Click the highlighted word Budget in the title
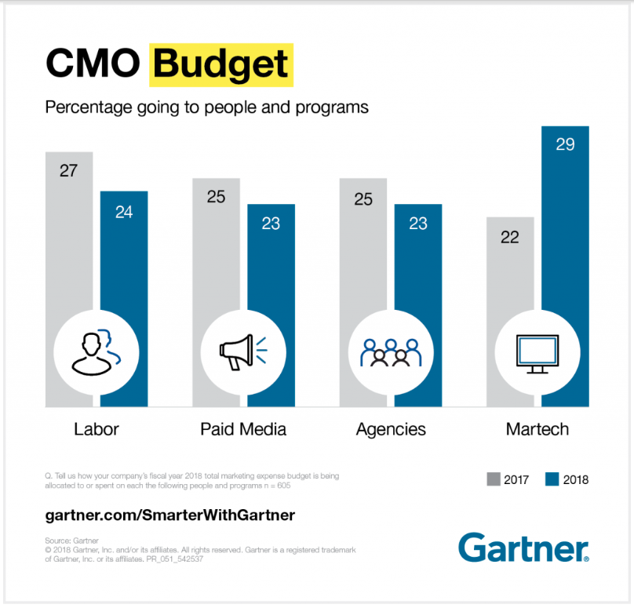pyautogui.click(x=222, y=64)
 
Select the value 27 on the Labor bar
pyautogui.click(x=68, y=170)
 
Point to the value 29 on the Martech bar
pyautogui.click(x=565, y=145)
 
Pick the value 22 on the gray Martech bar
pyautogui.click(x=510, y=236)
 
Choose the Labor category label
pyautogui.click(x=96, y=429)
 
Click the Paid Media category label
pyautogui.click(x=243, y=429)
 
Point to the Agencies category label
pyautogui.click(x=391, y=429)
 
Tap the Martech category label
pyautogui.click(x=537, y=429)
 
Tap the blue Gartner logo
pyautogui.click(x=523, y=547)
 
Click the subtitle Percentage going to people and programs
pyautogui.click(x=206, y=107)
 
